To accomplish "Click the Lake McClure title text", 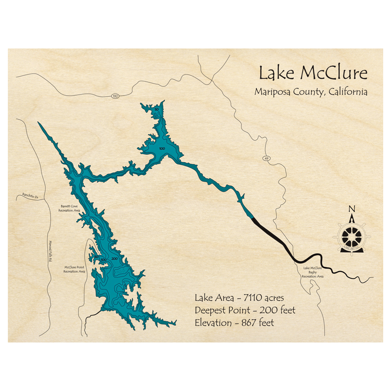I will (x=312, y=74).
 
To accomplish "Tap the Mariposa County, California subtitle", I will (x=311, y=92).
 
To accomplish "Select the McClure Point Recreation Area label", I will (x=75, y=269).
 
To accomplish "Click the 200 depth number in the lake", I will (x=115, y=259).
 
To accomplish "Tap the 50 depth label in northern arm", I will (x=156, y=110).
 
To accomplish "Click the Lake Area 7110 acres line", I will (x=236, y=298).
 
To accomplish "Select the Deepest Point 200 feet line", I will (x=245, y=310).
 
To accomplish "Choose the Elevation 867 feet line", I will (x=234, y=323).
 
